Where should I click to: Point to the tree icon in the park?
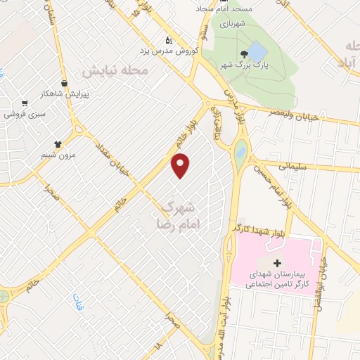point(244,54)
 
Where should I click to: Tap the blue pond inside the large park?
point(257,51)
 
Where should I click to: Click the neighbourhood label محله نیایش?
point(115,72)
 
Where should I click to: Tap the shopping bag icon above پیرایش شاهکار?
point(65,83)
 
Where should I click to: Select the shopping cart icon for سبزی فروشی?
point(25,103)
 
